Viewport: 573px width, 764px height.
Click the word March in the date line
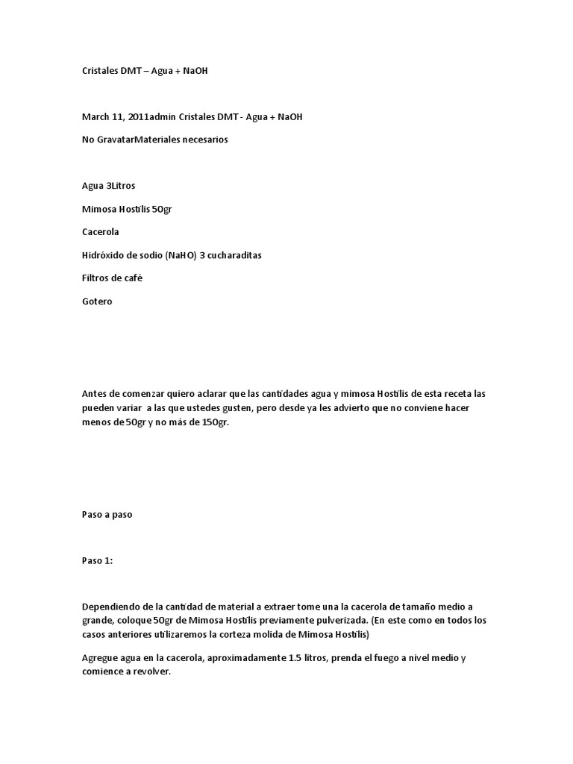coord(95,117)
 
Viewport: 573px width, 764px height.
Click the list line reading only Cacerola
coord(100,232)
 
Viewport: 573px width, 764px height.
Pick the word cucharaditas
coord(233,255)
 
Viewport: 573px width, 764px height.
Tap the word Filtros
coord(96,278)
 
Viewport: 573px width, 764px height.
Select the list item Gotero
coord(97,301)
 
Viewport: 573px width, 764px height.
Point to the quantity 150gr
coord(213,423)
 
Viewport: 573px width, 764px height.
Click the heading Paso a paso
coord(106,515)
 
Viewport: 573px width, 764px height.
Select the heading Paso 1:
coord(97,561)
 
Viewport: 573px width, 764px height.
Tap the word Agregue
coord(100,658)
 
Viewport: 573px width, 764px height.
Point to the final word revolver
coord(151,671)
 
